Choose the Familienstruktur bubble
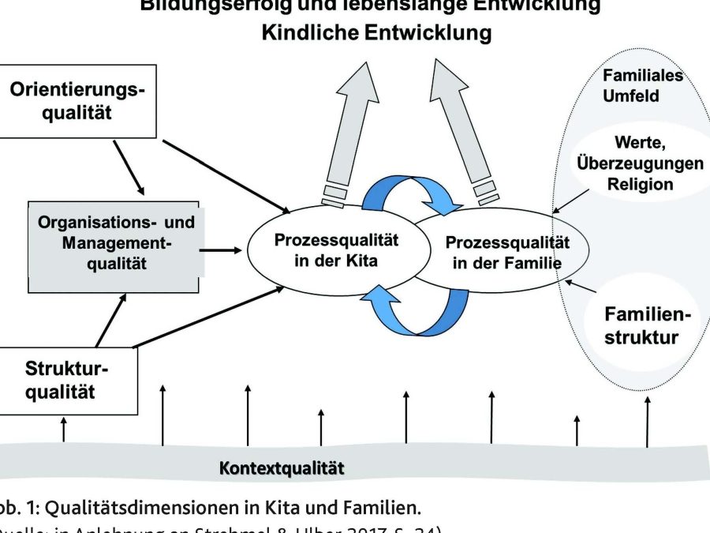coord(641,326)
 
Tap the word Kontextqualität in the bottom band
coord(282,467)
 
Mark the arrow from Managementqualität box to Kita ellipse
coord(222,250)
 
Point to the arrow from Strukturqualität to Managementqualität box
coord(111,319)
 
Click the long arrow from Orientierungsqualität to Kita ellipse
coord(225,177)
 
